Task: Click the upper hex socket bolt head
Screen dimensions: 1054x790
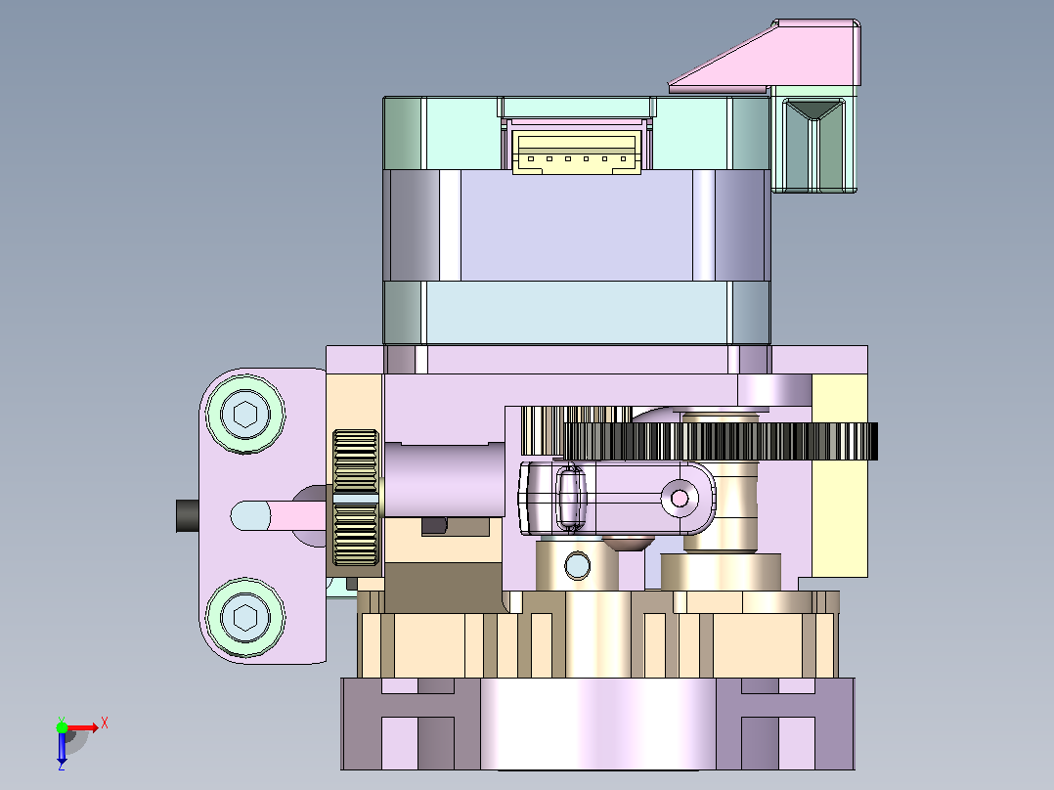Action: pyautogui.click(x=245, y=414)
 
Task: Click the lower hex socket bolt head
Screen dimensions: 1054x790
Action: pyautogui.click(x=245, y=617)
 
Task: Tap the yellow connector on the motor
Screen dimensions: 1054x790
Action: pyautogui.click(x=577, y=153)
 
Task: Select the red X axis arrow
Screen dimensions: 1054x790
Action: pyautogui.click(x=83, y=727)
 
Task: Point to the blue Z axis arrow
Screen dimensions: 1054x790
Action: pyautogui.click(x=62, y=748)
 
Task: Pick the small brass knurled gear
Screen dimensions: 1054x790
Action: pyautogui.click(x=356, y=498)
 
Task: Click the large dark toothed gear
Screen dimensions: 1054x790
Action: pyautogui.click(x=721, y=441)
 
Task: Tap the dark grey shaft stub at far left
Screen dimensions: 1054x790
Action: pyautogui.click(x=188, y=515)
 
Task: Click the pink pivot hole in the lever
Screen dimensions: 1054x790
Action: pyautogui.click(x=680, y=499)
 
